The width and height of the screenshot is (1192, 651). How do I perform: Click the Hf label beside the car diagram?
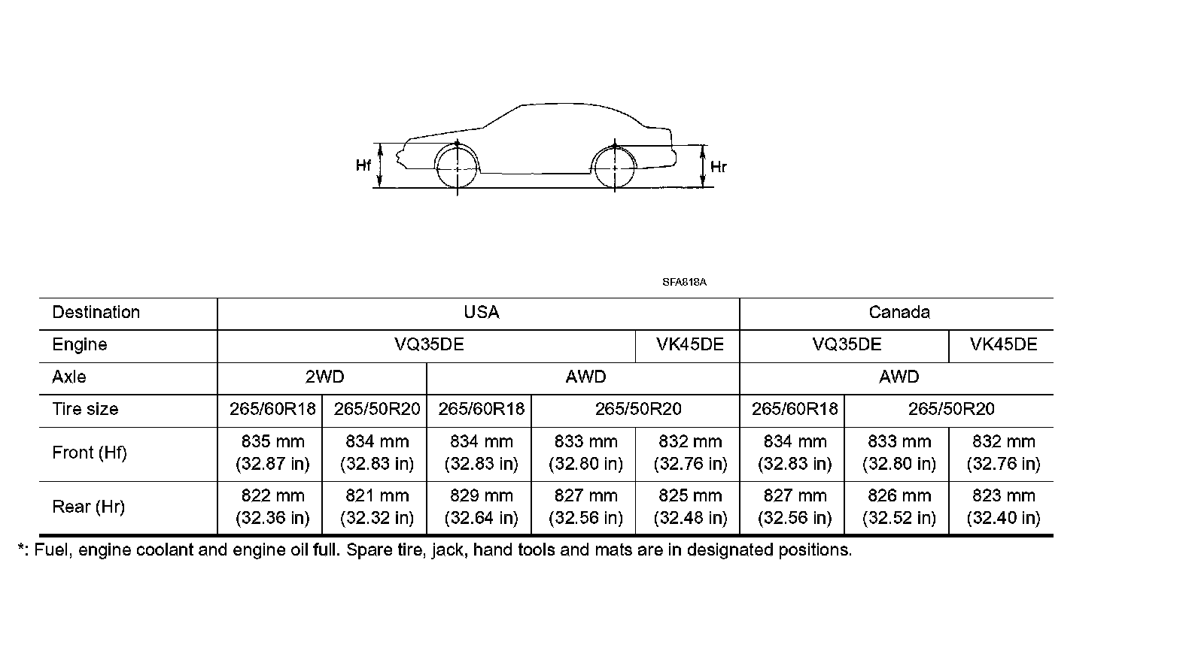click(363, 165)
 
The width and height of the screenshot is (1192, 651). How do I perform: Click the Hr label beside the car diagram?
click(719, 167)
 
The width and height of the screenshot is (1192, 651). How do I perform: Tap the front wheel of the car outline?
click(457, 167)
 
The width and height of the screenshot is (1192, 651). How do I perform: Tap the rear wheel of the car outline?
click(615, 167)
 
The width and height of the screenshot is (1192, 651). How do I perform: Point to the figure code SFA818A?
click(684, 283)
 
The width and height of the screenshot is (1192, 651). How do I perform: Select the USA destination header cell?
click(481, 313)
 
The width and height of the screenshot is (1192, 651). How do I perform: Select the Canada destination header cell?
click(899, 313)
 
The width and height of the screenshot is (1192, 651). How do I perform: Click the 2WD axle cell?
click(324, 377)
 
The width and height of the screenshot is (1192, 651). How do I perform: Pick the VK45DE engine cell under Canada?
click(1003, 345)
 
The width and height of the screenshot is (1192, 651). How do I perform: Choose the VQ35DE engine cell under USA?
click(429, 345)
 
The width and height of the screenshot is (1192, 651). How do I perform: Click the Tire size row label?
click(85, 410)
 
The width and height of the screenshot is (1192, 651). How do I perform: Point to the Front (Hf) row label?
click(90, 453)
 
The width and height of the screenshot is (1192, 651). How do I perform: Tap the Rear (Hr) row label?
click(88, 507)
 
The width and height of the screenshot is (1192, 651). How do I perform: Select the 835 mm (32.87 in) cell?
click(272, 453)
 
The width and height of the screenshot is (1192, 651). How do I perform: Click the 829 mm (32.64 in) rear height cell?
click(481, 507)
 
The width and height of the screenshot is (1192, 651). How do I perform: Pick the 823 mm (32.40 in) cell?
click(1003, 507)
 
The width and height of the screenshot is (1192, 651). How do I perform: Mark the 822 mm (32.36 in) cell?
click(272, 507)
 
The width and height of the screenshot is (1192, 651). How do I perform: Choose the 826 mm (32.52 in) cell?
click(899, 507)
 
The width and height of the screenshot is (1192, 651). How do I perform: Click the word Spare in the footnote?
click(366, 550)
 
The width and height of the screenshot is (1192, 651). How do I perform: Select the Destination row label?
click(96, 313)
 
